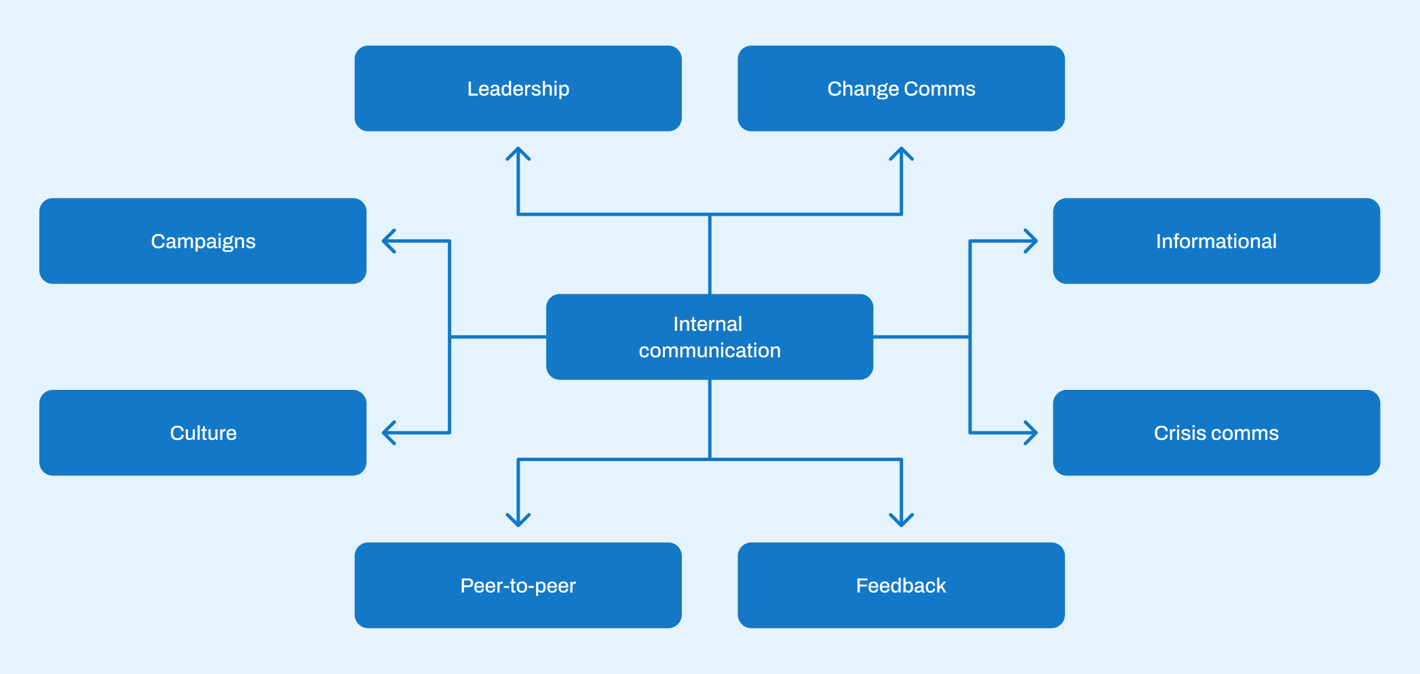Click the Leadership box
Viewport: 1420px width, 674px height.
[x=518, y=88]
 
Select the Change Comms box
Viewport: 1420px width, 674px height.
[x=901, y=88]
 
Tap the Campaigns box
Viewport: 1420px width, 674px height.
[x=203, y=241]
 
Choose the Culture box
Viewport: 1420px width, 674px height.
[x=203, y=433]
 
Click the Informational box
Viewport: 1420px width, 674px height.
[x=1216, y=241]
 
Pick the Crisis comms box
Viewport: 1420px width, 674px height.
[x=1216, y=433]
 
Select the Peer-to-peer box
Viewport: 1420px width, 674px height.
[x=518, y=585]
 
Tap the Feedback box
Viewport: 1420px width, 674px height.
[x=901, y=585]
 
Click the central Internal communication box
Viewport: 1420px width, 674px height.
[x=710, y=337]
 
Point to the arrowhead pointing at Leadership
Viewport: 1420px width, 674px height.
[x=518, y=152]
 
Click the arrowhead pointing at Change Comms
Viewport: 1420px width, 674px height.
[x=901, y=152]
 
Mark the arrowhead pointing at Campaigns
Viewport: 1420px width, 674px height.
[x=387, y=241]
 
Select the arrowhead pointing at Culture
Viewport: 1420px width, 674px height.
[x=387, y=433]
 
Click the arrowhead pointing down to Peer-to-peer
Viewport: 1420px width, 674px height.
[x=518, y=521]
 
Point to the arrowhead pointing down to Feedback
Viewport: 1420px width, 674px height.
[x=901, y=521]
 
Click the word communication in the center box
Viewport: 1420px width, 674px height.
[x=710, y=351]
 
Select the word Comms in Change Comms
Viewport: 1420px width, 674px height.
[x=940, y=89]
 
